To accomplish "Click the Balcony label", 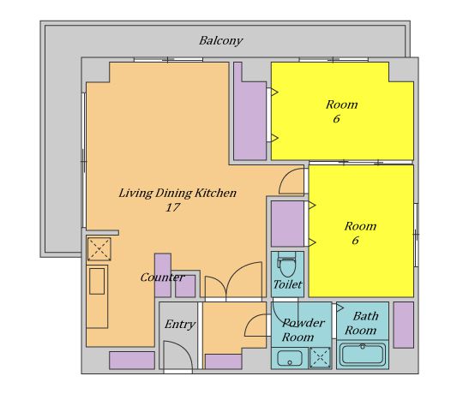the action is click(x=220, y=40).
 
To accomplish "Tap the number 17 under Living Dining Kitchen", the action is click(x=173, y=207).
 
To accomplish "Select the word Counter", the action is click(x=162, y=278).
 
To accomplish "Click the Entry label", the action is click(x=180, y=324).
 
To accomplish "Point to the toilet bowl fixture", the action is click(x=287, y=264).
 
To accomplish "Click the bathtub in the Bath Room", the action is click(x=363, y=355).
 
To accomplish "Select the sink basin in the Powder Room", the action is click(x=289, y=358).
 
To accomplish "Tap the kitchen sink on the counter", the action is click(x=97, y=281).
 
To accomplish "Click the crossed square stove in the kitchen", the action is click(x=99, y=249).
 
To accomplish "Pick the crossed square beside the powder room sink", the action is click(x=320, y=357).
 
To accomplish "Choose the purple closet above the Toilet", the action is click(x=287, y=224).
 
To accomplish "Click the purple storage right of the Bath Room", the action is click(x=404, y=325).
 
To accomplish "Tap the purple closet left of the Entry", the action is click(x=132, y=361).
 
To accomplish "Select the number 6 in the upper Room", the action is click(x=336, y=119).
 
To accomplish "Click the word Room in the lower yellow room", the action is click(x=360, y=226).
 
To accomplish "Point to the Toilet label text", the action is click(x=287, y=284).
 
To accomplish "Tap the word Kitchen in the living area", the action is click(x=215, y=193).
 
